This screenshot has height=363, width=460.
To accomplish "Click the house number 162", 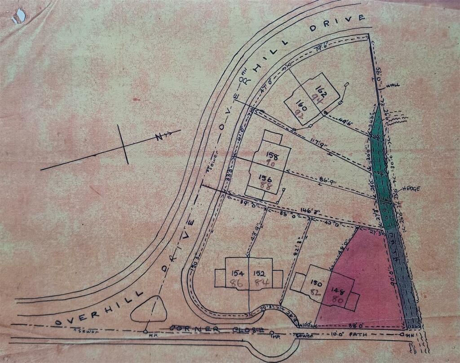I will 320,89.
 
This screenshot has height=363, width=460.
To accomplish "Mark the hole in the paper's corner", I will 19,16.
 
